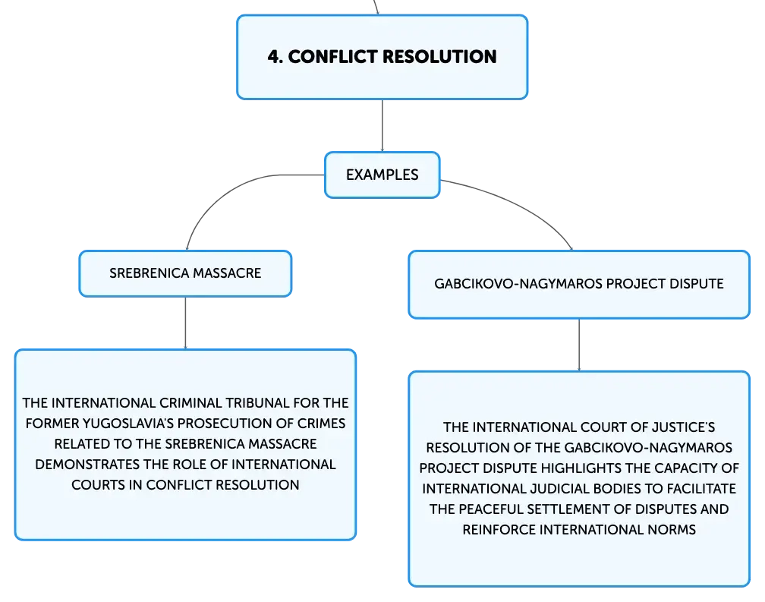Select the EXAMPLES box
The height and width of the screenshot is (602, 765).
coord(382,175)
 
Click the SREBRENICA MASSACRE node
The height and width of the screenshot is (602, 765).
coord(185,273)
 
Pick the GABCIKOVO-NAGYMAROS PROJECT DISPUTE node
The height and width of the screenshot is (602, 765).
coord(579,285)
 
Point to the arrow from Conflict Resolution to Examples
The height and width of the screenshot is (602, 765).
coord(382,125)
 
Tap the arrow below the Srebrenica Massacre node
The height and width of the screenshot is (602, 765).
coord(185,323)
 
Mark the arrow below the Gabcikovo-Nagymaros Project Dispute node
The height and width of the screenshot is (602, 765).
coord(579,345)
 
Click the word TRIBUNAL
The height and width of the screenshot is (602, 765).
coord(260,403)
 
